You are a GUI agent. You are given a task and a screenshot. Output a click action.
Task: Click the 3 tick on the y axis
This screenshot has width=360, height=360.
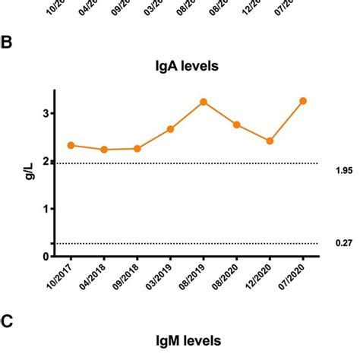click(46, 113)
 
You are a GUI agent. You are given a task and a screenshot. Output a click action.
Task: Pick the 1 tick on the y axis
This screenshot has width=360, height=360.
click(46, 209)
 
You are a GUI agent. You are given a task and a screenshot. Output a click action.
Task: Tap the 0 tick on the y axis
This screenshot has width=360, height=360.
click(46, 257)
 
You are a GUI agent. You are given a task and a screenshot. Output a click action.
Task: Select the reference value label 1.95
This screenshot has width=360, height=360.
click(344, 171)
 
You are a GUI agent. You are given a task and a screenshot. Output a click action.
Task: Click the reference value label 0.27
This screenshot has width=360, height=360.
click(344, 243)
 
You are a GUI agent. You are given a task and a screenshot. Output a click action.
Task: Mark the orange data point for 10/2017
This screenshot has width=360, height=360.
click(71, 145)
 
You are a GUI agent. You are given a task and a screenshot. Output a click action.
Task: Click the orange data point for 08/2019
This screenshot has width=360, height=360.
click(204, 102)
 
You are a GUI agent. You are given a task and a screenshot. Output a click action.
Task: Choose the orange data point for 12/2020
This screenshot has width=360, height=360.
click(270, 141)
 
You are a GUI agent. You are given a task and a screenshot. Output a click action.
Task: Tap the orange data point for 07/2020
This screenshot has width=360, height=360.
click(303, 101)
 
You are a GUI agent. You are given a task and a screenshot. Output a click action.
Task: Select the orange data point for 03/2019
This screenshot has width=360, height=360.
click(171, 129)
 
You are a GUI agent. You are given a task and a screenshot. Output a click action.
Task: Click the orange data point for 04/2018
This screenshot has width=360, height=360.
click(104, 150)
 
